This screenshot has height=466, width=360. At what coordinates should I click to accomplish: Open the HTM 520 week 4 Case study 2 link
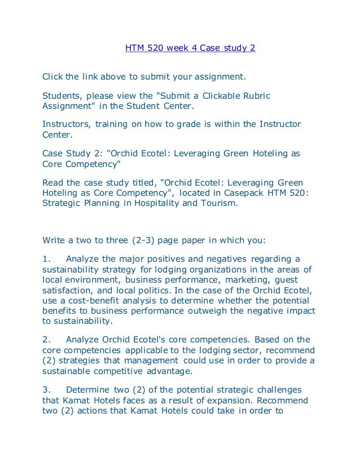point(190,48)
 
